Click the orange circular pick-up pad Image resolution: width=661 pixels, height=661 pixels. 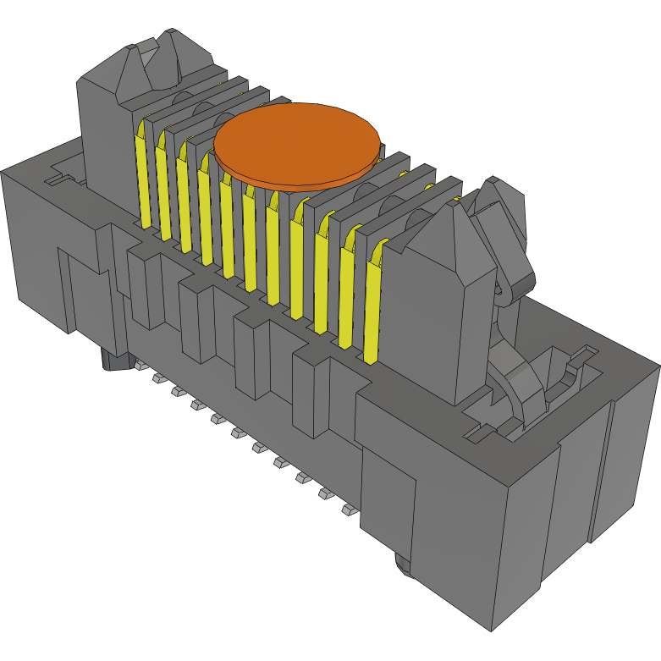click(295, 144)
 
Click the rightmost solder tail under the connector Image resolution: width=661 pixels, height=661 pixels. click(348, 510)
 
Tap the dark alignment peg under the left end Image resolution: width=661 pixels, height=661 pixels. click(113, 361)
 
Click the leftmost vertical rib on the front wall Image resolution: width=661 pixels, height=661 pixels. click(145, 288)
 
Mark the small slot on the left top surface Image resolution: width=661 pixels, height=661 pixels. click(56, 179)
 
